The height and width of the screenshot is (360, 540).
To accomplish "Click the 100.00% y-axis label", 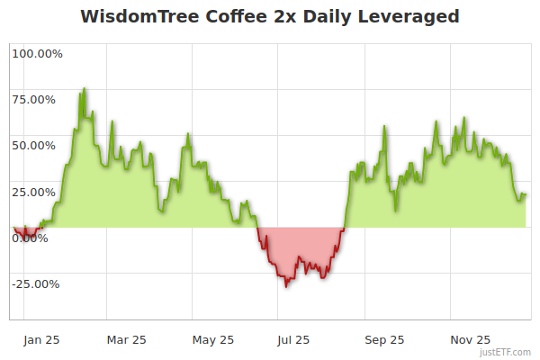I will (37, 54).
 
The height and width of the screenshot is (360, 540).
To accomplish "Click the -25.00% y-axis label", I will (36, 284).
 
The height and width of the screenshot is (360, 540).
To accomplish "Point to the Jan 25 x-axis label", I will (42, 340).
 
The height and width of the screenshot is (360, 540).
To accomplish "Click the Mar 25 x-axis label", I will (126, 340).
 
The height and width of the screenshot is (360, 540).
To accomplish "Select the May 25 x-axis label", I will (213, 340).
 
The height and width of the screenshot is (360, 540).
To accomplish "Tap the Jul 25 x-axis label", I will (293, 340).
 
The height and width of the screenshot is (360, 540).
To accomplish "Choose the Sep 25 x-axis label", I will (384, 340).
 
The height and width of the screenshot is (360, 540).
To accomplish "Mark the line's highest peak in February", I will (85, 88).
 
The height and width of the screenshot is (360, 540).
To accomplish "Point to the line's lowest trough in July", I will (286, 286).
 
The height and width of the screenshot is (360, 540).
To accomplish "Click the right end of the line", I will (526, 194).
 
